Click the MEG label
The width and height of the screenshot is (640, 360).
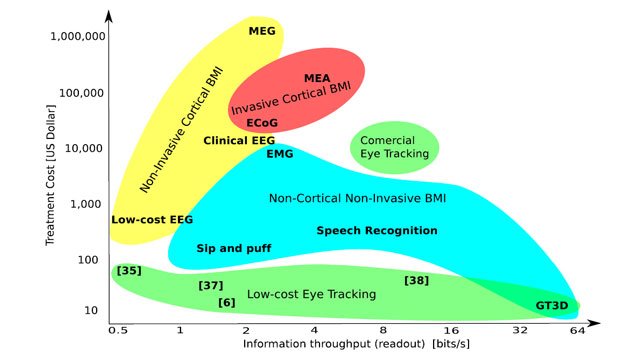pos(262,31)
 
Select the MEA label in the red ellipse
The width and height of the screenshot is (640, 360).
pos(317,78)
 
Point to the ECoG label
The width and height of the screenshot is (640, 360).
pos(262,122)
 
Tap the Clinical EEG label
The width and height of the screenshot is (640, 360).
pos(239,140)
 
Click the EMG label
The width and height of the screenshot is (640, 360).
pos(280,154)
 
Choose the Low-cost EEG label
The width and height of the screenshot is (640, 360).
pos(152,220)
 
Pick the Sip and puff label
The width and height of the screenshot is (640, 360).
pos(234,248)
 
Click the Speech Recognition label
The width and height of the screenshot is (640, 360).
pos(377,231)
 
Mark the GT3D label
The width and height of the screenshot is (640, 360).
pos(552,305)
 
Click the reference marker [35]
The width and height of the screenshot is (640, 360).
pos(129,271)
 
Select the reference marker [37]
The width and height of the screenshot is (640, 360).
pos(211,285)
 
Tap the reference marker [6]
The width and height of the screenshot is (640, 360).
pos(227,302)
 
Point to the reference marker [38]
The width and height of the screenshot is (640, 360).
pos(416,280)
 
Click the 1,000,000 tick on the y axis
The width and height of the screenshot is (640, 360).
pos(78,36)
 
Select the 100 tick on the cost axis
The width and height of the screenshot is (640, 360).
pos(88,260)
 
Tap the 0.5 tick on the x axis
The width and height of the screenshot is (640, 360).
pos(118,330)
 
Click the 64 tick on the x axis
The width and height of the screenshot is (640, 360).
pos(577,330)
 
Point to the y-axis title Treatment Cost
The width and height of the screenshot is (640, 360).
pos(50,176)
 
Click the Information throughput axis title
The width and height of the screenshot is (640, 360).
pos(356,344)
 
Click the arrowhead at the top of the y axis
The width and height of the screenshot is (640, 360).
pos(109,16)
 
